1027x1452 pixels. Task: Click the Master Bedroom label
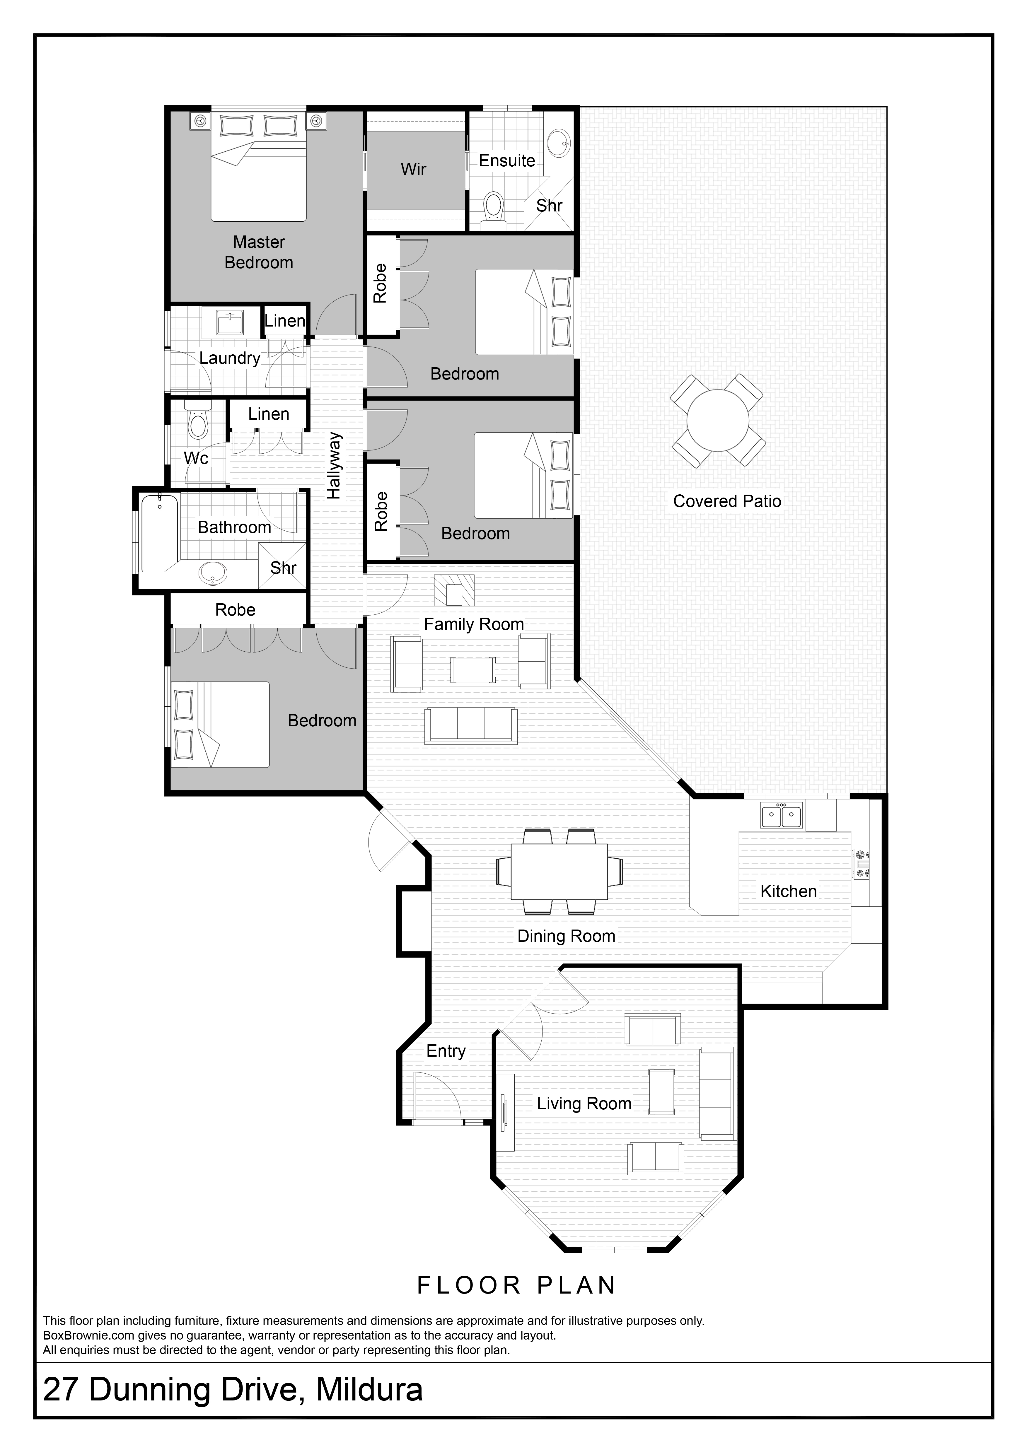(259, 252)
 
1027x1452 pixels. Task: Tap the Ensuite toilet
(493, 209)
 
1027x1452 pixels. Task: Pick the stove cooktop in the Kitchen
(862, 865)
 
